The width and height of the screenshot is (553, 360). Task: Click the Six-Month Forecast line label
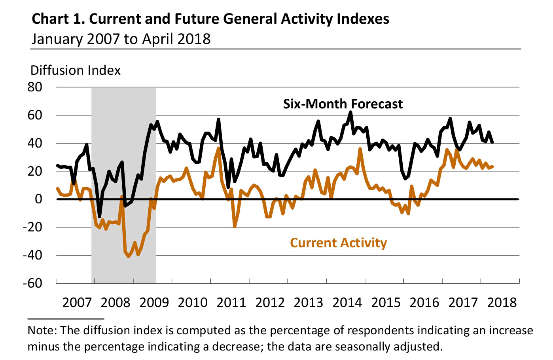tap(343, 104)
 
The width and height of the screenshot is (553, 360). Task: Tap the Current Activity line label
tap(338, 243)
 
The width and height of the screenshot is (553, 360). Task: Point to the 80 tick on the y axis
tap(35, 87)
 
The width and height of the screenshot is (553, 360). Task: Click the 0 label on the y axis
tap(38, 199)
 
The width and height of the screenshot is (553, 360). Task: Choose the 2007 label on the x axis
tap(77, 303)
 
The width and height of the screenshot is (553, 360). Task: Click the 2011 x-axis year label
tap(232, 303)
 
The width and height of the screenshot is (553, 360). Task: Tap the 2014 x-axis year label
tap(347, 303)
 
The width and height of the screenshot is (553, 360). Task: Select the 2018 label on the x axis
tap(502, 303)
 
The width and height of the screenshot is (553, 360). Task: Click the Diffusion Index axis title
tap(75, 70)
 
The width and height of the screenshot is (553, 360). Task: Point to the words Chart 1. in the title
tap(58, 19)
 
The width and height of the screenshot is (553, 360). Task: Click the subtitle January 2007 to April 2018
tap(121, 39)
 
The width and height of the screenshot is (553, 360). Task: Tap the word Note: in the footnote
tap(42, 330)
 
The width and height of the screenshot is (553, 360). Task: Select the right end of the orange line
tap(492, 167)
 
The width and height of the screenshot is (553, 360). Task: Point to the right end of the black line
tap(492, 142)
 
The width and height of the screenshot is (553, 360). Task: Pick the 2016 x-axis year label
tap(424, 303)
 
